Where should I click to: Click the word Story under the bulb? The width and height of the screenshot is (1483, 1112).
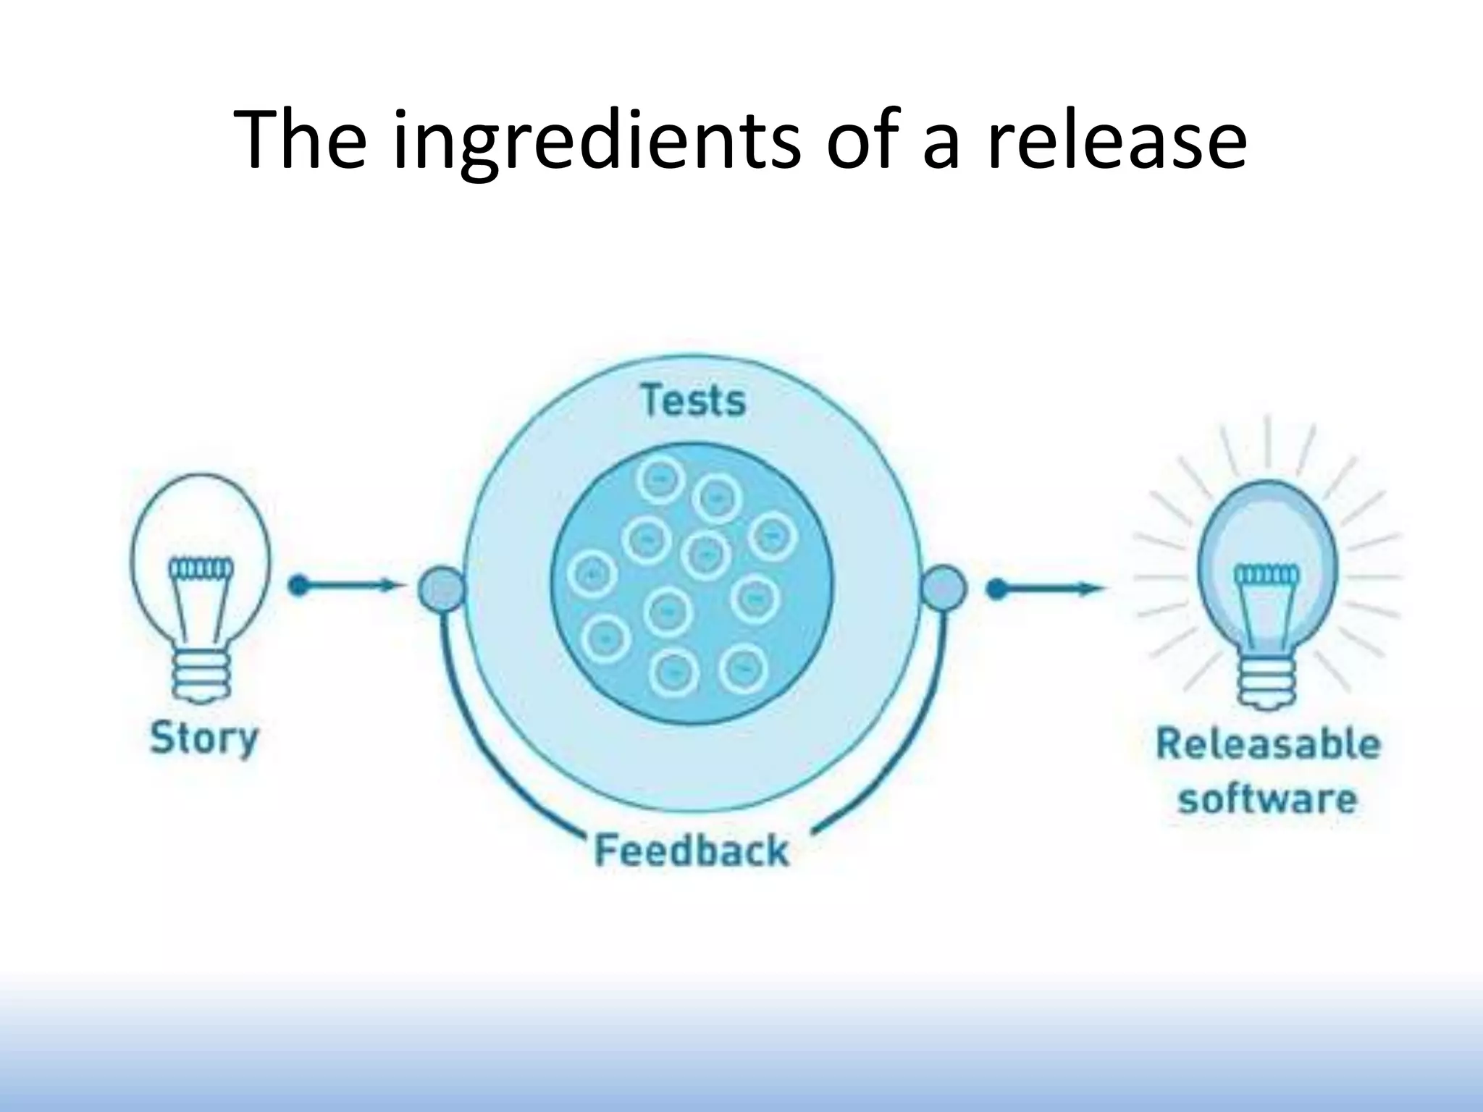pyautogui.click(x=203, y=738)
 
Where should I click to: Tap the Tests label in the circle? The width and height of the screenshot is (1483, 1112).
pyautogui.click(x=693, y=401)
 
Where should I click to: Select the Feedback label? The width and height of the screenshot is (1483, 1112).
pyautogui.click(x=691, y=850)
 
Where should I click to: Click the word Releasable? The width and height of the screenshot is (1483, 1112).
pyautogui.click(x=1267, y=744)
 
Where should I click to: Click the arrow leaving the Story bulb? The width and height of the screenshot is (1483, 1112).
pyautogui.click(x=344, y=586)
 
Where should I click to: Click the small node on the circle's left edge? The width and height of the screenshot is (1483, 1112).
pyautogui.click(x=440, y=587)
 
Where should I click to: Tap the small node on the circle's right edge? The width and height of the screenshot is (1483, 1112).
pyautogui.click(x=944, y=587)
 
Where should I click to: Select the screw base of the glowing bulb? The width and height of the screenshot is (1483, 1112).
pyautogui.click(x=1266, y=681)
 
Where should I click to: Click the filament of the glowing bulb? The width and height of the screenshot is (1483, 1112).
pyautogui.click(x=1266, y=576)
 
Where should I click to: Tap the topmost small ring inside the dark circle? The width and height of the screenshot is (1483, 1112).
pyautogui.click(x=660, y=480)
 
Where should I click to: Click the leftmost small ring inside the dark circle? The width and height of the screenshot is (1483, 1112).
pyautogui.click(x=592, y=576)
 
